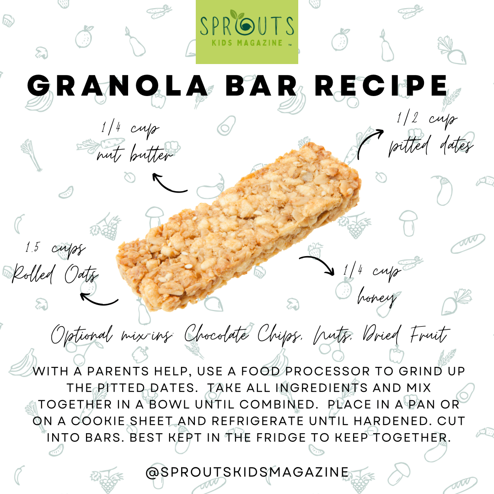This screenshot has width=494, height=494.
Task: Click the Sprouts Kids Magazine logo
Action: coord(247,32)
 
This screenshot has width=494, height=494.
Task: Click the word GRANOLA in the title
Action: coord(118,86)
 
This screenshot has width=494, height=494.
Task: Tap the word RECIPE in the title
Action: coord(381,86)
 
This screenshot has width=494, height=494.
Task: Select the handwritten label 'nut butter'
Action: coord(135,154)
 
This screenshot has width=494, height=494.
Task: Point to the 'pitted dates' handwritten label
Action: coord(431,146)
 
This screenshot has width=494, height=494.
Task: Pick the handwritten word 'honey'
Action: coord(377,298)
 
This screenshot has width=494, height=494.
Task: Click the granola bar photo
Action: coord(238,227)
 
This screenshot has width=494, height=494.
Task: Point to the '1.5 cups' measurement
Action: coord(55,248)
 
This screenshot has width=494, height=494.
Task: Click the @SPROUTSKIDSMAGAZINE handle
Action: coord(247,472)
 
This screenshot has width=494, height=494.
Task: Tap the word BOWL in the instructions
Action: coord(169,404)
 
